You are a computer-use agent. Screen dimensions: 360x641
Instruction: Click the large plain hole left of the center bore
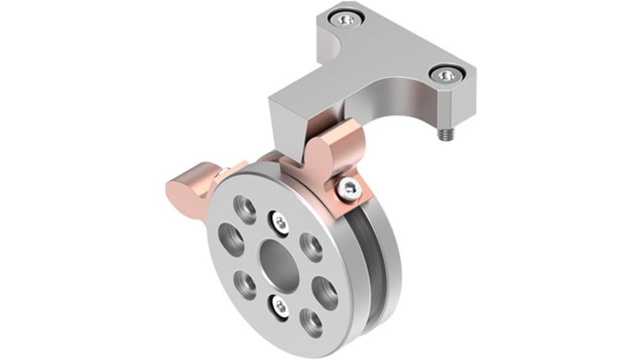[231, 235]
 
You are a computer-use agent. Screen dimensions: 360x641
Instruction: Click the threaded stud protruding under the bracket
[442, 135]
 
